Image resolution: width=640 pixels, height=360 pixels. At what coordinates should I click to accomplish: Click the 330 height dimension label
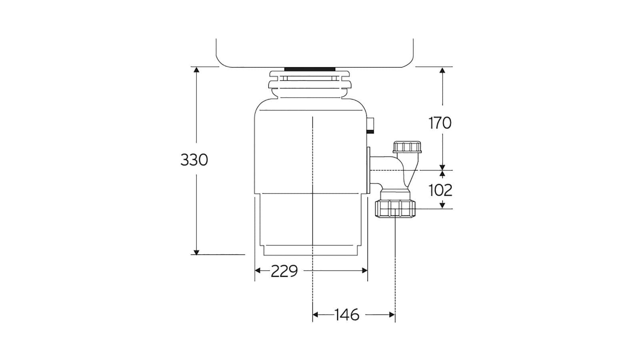(194, 160)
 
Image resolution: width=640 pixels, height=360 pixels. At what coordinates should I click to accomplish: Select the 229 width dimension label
(284, 271)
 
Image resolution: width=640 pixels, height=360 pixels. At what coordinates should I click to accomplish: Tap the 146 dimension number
(347, 315)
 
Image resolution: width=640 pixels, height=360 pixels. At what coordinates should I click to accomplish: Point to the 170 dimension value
(440, 123)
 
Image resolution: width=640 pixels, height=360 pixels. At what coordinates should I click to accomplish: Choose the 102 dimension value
(440, 190)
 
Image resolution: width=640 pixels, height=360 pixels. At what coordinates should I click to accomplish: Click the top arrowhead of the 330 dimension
(196, 70)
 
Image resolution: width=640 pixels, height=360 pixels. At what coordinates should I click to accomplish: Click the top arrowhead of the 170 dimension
(442, 70)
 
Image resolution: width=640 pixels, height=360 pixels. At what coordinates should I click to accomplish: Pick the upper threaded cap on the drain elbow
(407, 147)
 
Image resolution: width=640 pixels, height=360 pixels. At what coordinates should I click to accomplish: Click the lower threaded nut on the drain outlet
(396, 209)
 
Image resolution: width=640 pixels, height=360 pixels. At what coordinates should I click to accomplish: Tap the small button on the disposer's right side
(371, 124)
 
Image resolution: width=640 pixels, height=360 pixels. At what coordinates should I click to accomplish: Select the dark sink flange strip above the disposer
(310, 69)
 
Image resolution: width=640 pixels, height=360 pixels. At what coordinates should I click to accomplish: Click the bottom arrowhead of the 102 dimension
(442, 206)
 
